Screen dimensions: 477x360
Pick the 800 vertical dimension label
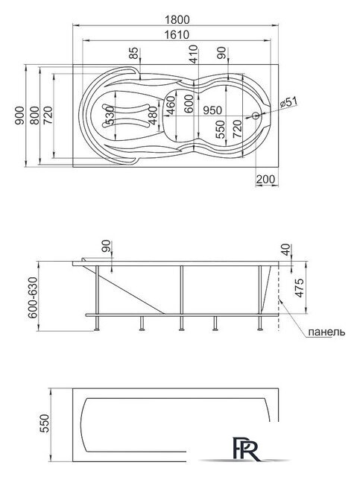point(35,115)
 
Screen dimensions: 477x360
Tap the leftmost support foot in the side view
point(99,325)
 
